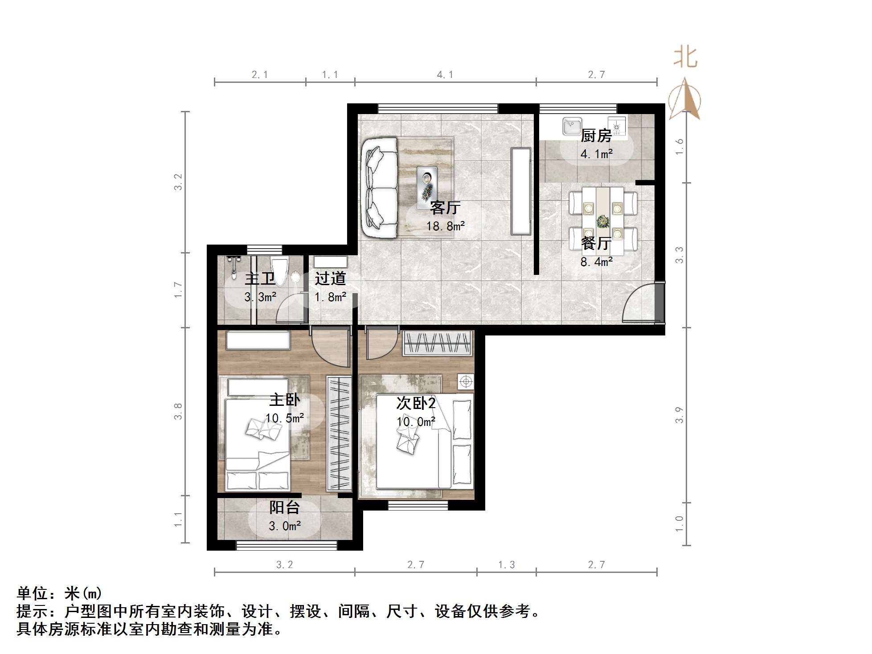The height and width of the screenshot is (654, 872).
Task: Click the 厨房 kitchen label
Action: coord(596,135)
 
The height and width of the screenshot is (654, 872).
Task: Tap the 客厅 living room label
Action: coord(445,208)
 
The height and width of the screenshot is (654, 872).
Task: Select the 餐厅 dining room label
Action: coord(596,243)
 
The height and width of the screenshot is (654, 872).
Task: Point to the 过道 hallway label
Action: coord(330,278)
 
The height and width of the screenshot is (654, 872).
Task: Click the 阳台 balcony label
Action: coord(284,507)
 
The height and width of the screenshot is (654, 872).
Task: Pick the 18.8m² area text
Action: coord(445,226)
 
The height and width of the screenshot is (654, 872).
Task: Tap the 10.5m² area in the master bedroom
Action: coord(284,418)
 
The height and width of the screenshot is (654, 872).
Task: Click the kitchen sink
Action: coord(572,126)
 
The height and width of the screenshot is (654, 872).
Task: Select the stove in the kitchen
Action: coord(617,126)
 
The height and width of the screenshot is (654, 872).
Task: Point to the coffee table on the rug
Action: coord(427,188)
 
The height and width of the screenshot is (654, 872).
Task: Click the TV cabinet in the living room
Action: coord(521,191)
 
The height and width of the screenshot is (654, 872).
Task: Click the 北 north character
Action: coord(685,58)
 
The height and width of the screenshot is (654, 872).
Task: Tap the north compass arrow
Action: coord(685,99)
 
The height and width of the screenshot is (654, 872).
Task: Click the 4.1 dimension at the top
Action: coord(445,75)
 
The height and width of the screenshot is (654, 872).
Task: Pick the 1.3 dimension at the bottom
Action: coord(506,565)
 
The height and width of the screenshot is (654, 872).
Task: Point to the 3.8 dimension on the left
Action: coord(178,411)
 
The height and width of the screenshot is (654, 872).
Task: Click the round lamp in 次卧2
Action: coord(466,381)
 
